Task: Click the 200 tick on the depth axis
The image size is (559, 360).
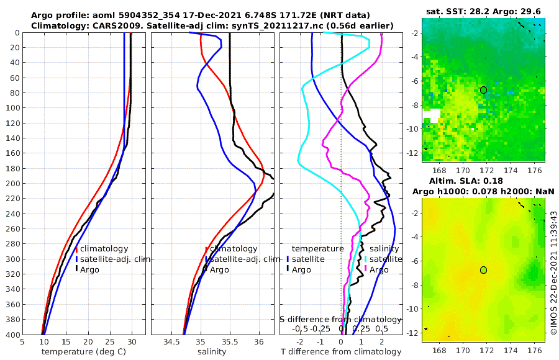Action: [x=12, y=184]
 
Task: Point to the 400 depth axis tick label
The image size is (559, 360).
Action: [x=12, y=335]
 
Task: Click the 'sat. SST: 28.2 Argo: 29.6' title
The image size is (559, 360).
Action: [x=483, y=11]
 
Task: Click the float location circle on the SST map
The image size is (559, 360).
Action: [x=483, y=90]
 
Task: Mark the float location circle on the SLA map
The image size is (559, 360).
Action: [x=483, y=270]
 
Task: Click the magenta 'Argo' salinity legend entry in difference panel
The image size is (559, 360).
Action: [x=379, y=269]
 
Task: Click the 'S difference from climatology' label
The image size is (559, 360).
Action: [x=340, y=319]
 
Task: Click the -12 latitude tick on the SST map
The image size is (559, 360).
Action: [x=413, y=152]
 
